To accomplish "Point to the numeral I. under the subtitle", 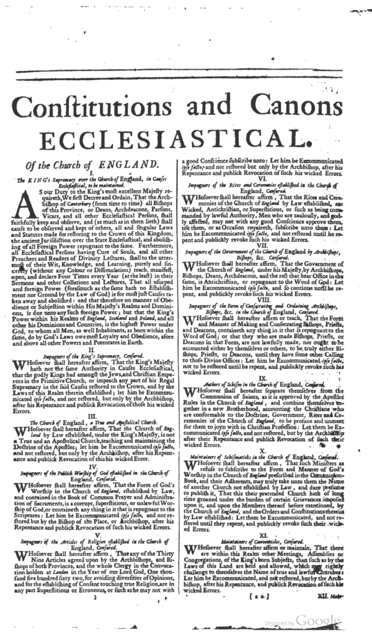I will pos(91,173).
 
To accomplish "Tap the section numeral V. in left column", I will pos(91,540).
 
